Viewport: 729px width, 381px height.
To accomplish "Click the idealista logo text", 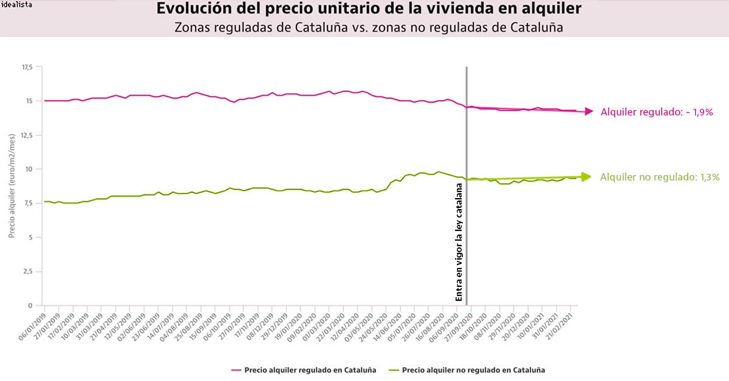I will coord(17,5).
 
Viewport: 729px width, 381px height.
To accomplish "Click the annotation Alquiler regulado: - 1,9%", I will coord(656,112).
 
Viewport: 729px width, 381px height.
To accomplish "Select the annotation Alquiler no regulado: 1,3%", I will coord(660,177).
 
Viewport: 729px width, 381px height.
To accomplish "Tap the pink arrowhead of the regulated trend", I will coord(589,111).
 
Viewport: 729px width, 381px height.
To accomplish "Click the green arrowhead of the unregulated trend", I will coord(586,177).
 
